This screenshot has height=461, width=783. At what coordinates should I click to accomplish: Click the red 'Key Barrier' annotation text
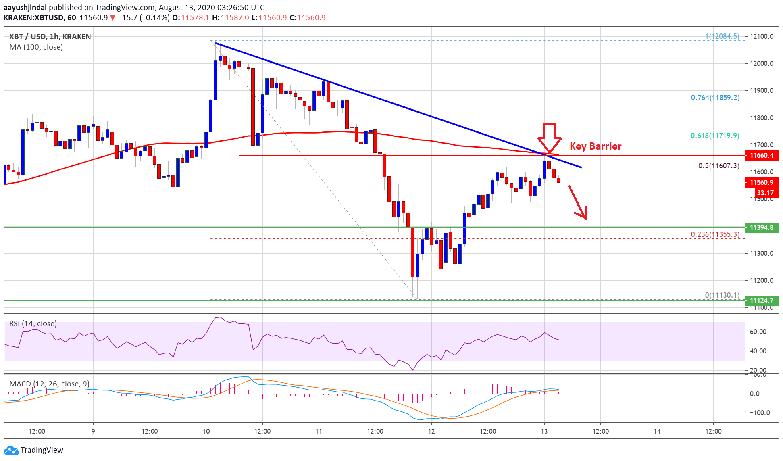pyautogui.click(x=595, y=146)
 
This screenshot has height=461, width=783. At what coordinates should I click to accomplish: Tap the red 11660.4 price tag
pyautogui.click(x=761, y=156)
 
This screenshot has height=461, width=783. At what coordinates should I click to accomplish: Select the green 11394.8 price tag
pyautogui.click(x=761, y=228)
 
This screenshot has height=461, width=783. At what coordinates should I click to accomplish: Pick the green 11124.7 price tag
pyautogui.click(x=761, y=300)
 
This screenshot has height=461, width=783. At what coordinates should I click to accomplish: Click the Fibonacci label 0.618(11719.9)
pyautogui.click(x=715, y=136)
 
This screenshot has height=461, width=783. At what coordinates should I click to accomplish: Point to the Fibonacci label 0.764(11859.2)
pyautogui.click(x=715, y=98)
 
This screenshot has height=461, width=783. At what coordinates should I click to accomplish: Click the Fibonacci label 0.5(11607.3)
pyautogui.click(x=719, y=166)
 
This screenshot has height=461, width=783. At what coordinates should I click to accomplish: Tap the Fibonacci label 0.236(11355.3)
pyautogui.click(x=715, y=234)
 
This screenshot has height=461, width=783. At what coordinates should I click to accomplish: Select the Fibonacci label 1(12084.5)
pyautogui.click(x=722, y=36)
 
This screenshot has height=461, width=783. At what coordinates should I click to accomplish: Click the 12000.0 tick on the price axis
pyautogui.click(x=761, y=63)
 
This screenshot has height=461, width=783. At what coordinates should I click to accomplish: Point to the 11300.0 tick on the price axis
pyautogui.click(x=761, y=253)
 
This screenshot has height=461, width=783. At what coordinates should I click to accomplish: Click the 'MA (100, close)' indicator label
pyautogui.click(x=36, y=47)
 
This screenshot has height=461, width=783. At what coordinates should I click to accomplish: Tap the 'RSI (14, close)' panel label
pyautogui.click(x=33, y=324)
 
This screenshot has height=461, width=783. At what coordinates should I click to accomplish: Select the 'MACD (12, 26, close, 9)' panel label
pyautogui.click(x=49, y=384)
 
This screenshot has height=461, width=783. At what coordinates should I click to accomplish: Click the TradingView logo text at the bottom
pyautogui.click(x=42, y=450)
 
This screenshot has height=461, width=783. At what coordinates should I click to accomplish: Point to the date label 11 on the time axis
pyautogui.click(x=319, y=431)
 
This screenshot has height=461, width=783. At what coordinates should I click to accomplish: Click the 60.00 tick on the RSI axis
pyautogui.click(x=758, y=332)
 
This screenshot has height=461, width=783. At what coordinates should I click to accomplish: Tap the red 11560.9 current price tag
pyautogui.click(x=761, y=183)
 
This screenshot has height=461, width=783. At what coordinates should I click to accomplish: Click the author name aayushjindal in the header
pyautogui.click(x=25, y=7)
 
